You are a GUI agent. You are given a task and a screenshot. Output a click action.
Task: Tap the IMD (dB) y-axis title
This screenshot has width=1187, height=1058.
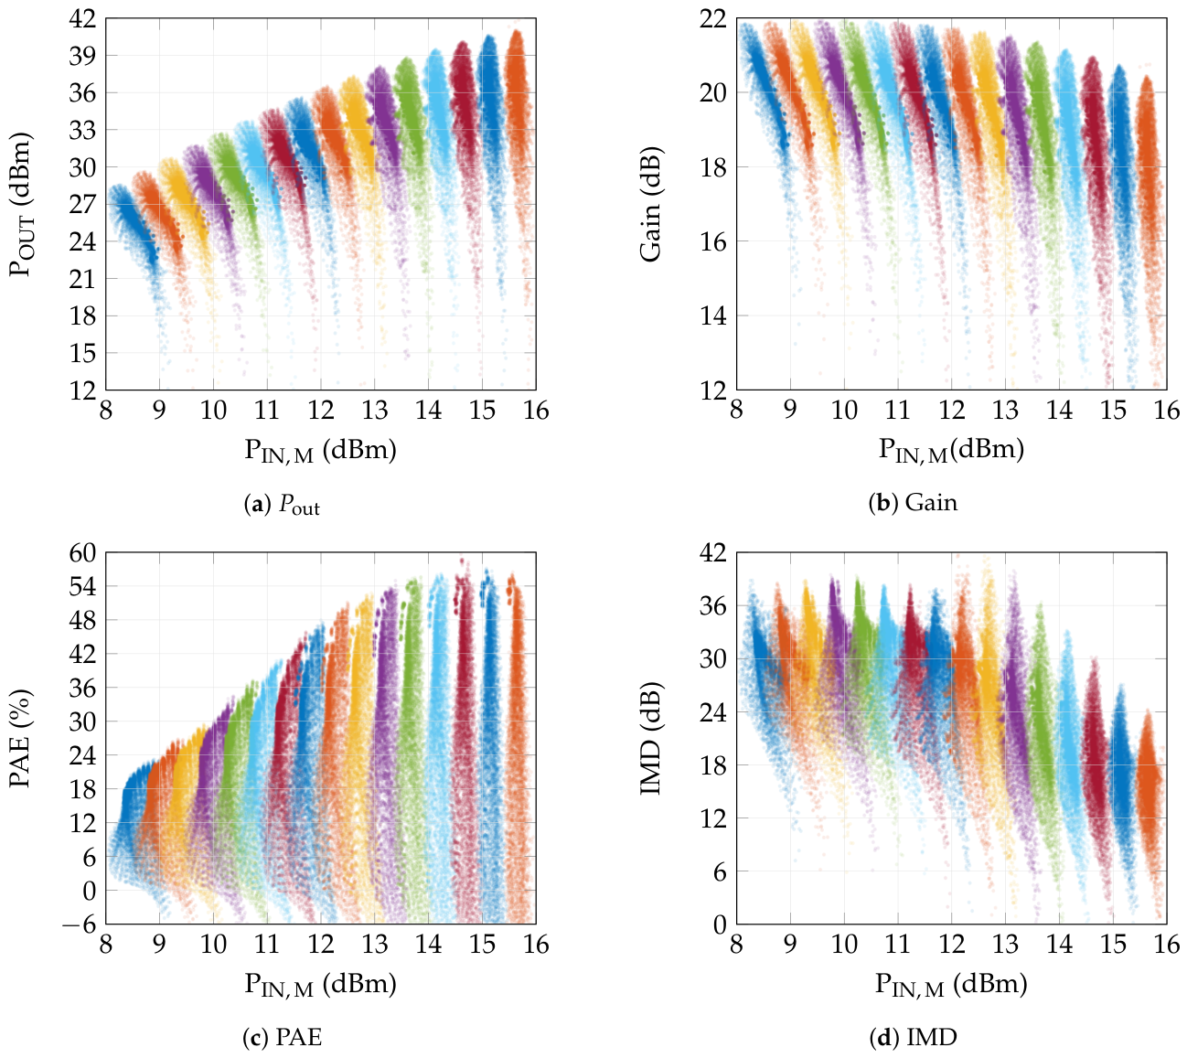click(x=651, y=738)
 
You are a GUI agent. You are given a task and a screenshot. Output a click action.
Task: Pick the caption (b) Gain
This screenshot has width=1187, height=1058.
click(x=912, y=503)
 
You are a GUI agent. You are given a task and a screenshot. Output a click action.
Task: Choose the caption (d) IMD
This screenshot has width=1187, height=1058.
click(x=912, y=1037)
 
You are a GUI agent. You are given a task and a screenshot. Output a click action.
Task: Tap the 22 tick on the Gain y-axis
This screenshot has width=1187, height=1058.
click(x=712, y=18)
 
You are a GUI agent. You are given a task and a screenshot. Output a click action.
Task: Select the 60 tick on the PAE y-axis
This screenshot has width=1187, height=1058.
click(x=81, y=552)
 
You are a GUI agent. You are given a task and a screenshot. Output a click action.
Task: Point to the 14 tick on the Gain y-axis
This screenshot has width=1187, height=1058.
click(x=712, y=315)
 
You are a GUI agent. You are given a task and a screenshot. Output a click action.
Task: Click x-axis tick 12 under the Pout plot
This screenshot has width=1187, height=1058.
click(x=321, y=411)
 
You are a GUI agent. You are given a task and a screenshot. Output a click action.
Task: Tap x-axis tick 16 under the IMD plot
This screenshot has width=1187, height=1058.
click(x=1166, y=945)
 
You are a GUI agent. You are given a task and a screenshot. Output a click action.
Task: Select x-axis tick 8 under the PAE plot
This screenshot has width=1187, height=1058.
click(x=106, y=945)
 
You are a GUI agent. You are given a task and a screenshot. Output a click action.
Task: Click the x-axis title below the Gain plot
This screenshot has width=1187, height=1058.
click(x=951, y=450)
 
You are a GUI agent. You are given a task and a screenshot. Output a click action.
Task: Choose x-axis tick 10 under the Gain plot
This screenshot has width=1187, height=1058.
click(x=844, y=411)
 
